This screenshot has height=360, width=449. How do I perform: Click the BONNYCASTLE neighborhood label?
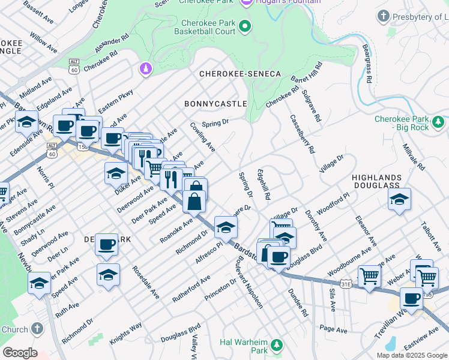215,104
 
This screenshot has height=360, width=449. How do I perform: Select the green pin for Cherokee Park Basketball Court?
245,26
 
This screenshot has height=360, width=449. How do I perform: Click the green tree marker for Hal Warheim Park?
276,345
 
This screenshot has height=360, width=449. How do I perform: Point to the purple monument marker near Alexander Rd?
144,70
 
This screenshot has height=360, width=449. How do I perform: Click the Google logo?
20,353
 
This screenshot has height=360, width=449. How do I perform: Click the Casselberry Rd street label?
302,134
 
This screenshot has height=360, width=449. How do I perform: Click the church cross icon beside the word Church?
37,329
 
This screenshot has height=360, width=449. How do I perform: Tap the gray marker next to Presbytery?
384,16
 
